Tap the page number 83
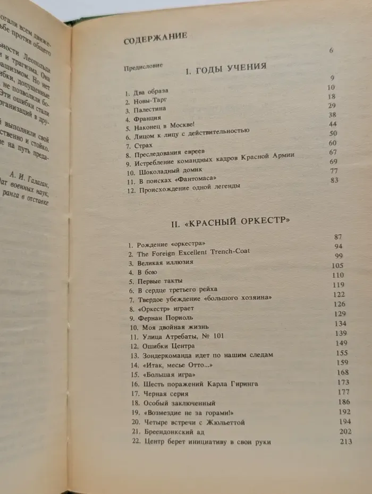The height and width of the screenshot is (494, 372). click(334, 180)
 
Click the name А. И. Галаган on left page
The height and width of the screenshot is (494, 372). click(38, 180)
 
